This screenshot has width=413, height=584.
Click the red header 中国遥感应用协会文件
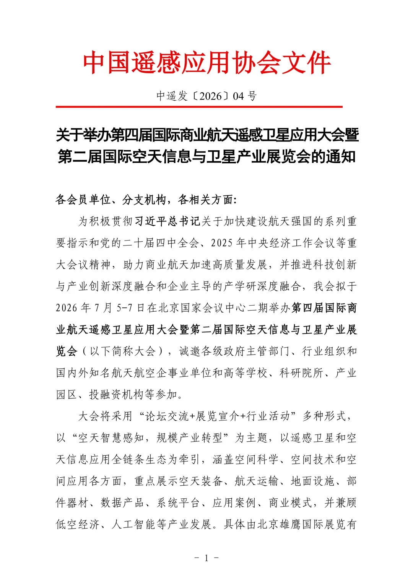(x=206, y=63)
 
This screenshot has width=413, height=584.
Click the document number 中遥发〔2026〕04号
(x=206, y=96)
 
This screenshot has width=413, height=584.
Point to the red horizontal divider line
(x=199, y=107)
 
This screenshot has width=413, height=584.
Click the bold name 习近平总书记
(x=167, y=221)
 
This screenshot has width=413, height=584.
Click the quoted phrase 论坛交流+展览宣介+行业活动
(x=218, y=416)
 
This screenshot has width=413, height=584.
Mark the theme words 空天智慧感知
(x=111, y=438)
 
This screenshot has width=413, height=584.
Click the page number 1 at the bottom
(x=206, y=558)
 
